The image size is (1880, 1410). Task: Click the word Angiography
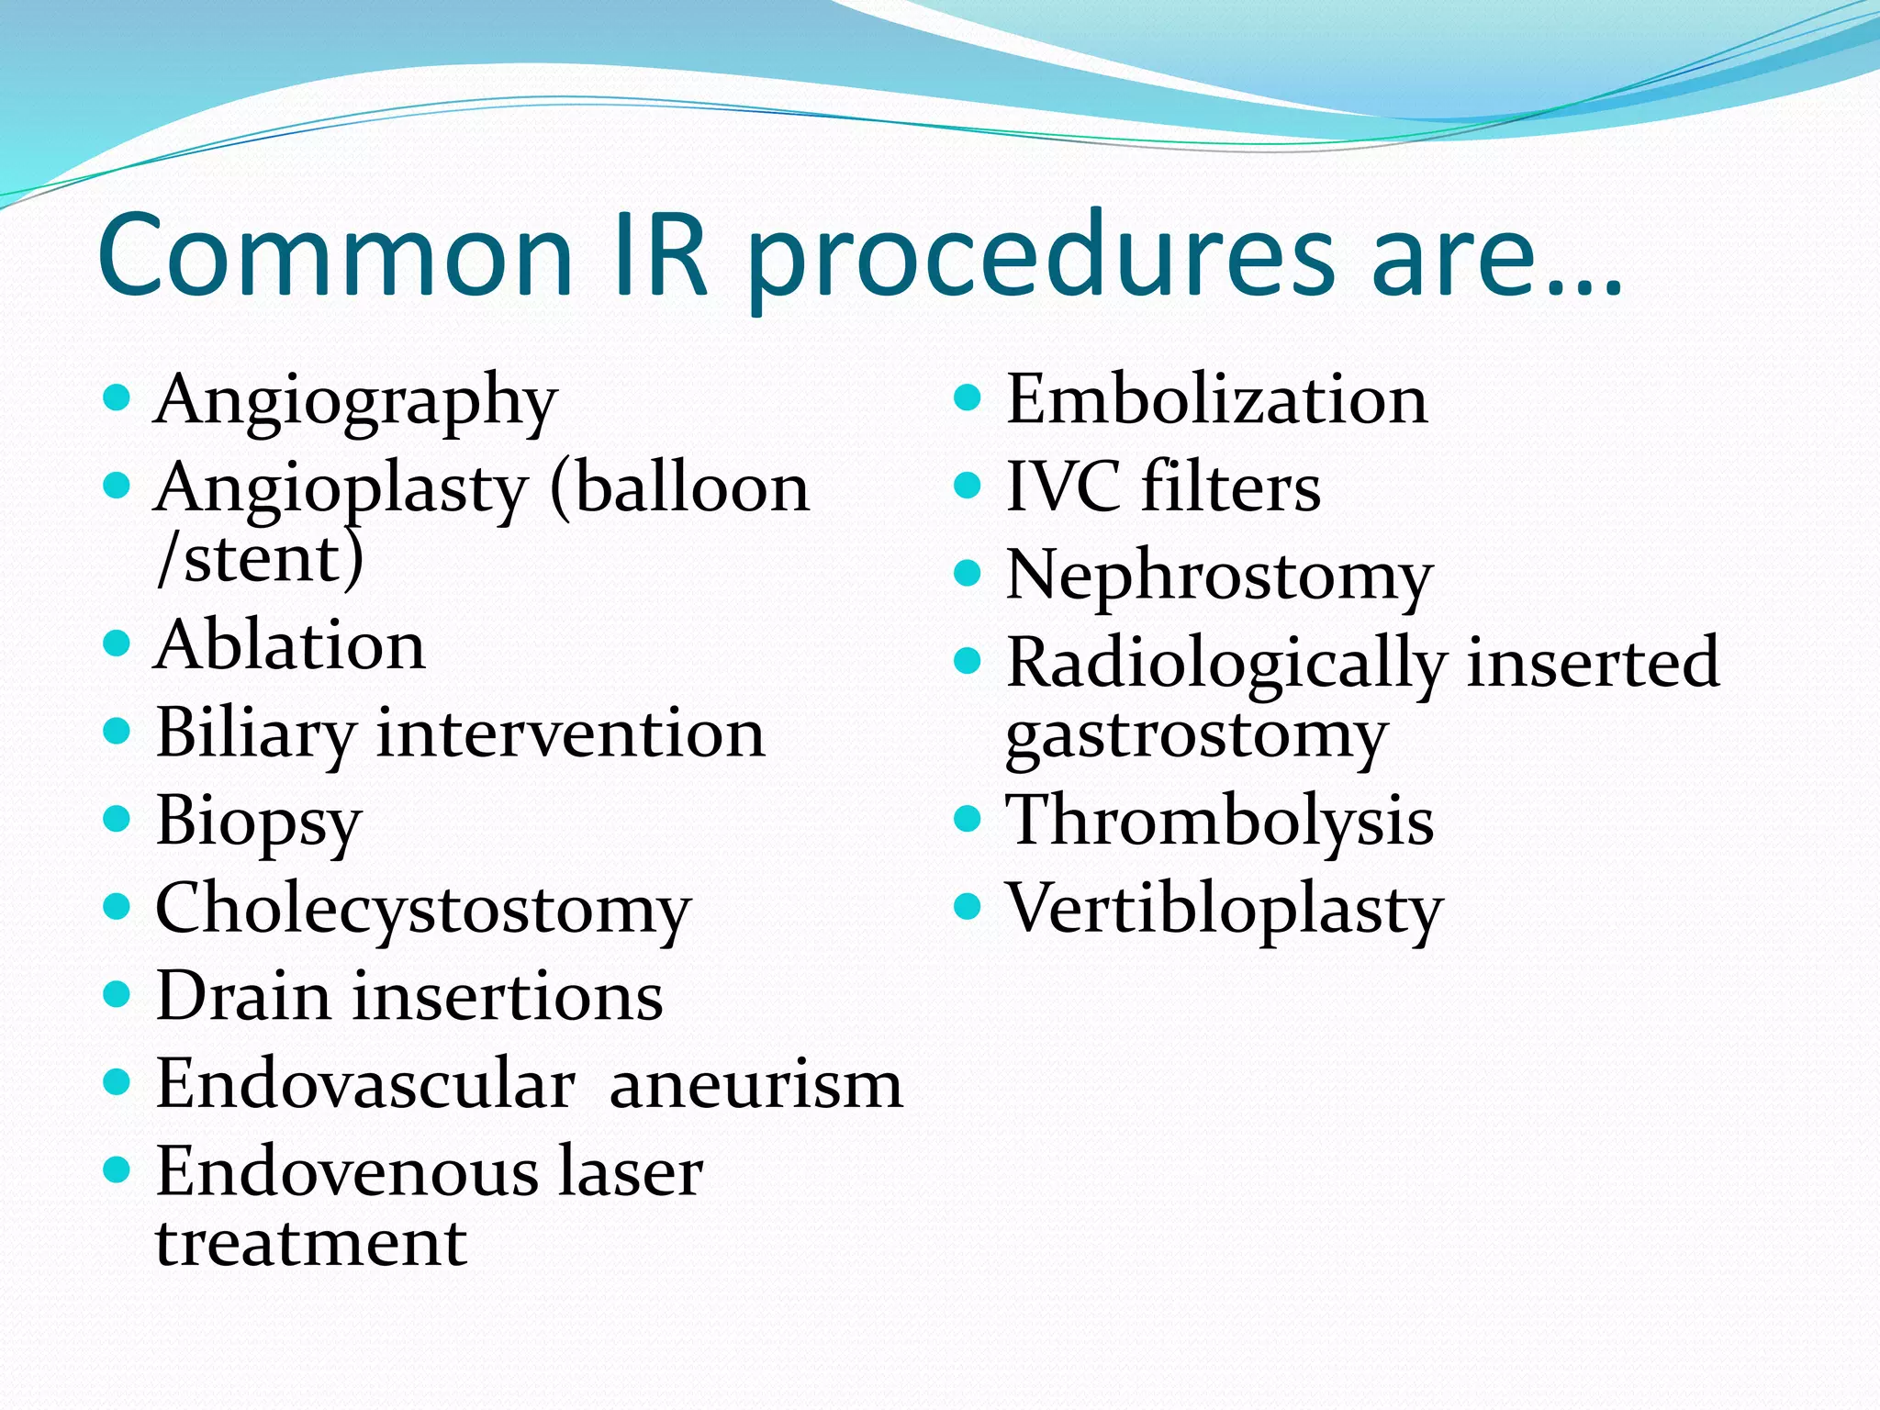pyautogui.click(x=355, y=402)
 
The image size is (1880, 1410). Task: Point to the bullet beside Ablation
pyautogui.click(x=117, y=642)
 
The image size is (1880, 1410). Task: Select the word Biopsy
pyautogui.click(x=259, y=822)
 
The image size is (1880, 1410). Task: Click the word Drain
pyautogui.click(x=242, y=996)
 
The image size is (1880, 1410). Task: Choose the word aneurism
pyautogui.click(x=755, y=1085)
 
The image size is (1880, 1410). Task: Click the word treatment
pyautogui.click(x=311, y=1243)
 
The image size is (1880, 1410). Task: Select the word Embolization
pyautogui.click(x=1216, y=400)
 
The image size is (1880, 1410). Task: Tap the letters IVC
pyautogui.click(x=1063, y=487)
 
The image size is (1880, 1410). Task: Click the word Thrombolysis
pyautogui.click(x=1219, y=821)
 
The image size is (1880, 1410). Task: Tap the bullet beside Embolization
pyautogui.click(x=968, y=397)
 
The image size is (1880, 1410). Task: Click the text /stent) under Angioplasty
pyautogui.click(x=261, y=559)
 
